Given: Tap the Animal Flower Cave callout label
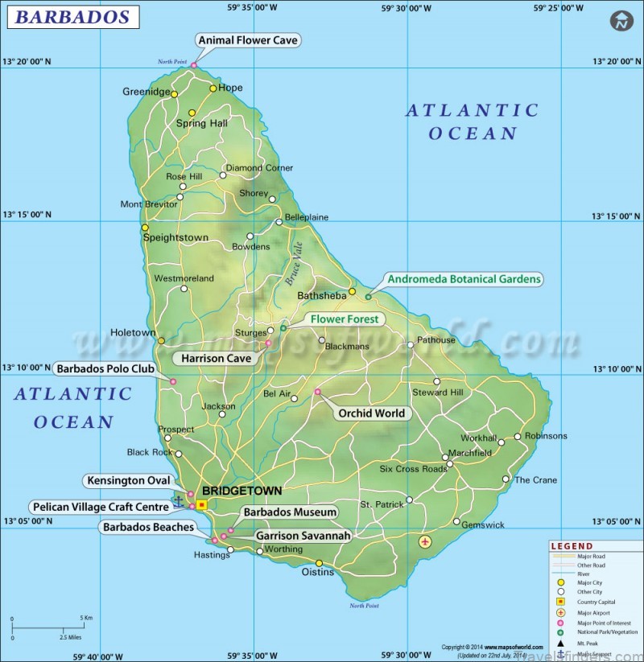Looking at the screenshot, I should click(x=248, y=39).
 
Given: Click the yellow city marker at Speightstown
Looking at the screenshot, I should click(x=145, y=228).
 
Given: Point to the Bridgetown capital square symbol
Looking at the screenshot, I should click(x=201, y=504).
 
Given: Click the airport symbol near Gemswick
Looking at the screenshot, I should click(x=426, y=542).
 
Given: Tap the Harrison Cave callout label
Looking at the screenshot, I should click(x=215, y=358).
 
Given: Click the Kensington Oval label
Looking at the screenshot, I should click(x=129, y=481).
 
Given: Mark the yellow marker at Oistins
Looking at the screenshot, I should click(x=319, y=563).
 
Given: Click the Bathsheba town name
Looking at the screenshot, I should click(x=321, y=295).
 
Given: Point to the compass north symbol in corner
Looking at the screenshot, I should click(x=621, y=22).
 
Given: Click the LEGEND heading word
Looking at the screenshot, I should click(x=572, y=546).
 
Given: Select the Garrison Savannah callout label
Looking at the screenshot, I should click(x=303, y=535).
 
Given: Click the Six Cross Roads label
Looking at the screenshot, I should click(x=413, y=469).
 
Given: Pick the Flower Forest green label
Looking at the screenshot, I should click(x=345, y=319).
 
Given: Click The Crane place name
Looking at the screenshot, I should click(x=535, y=480).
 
